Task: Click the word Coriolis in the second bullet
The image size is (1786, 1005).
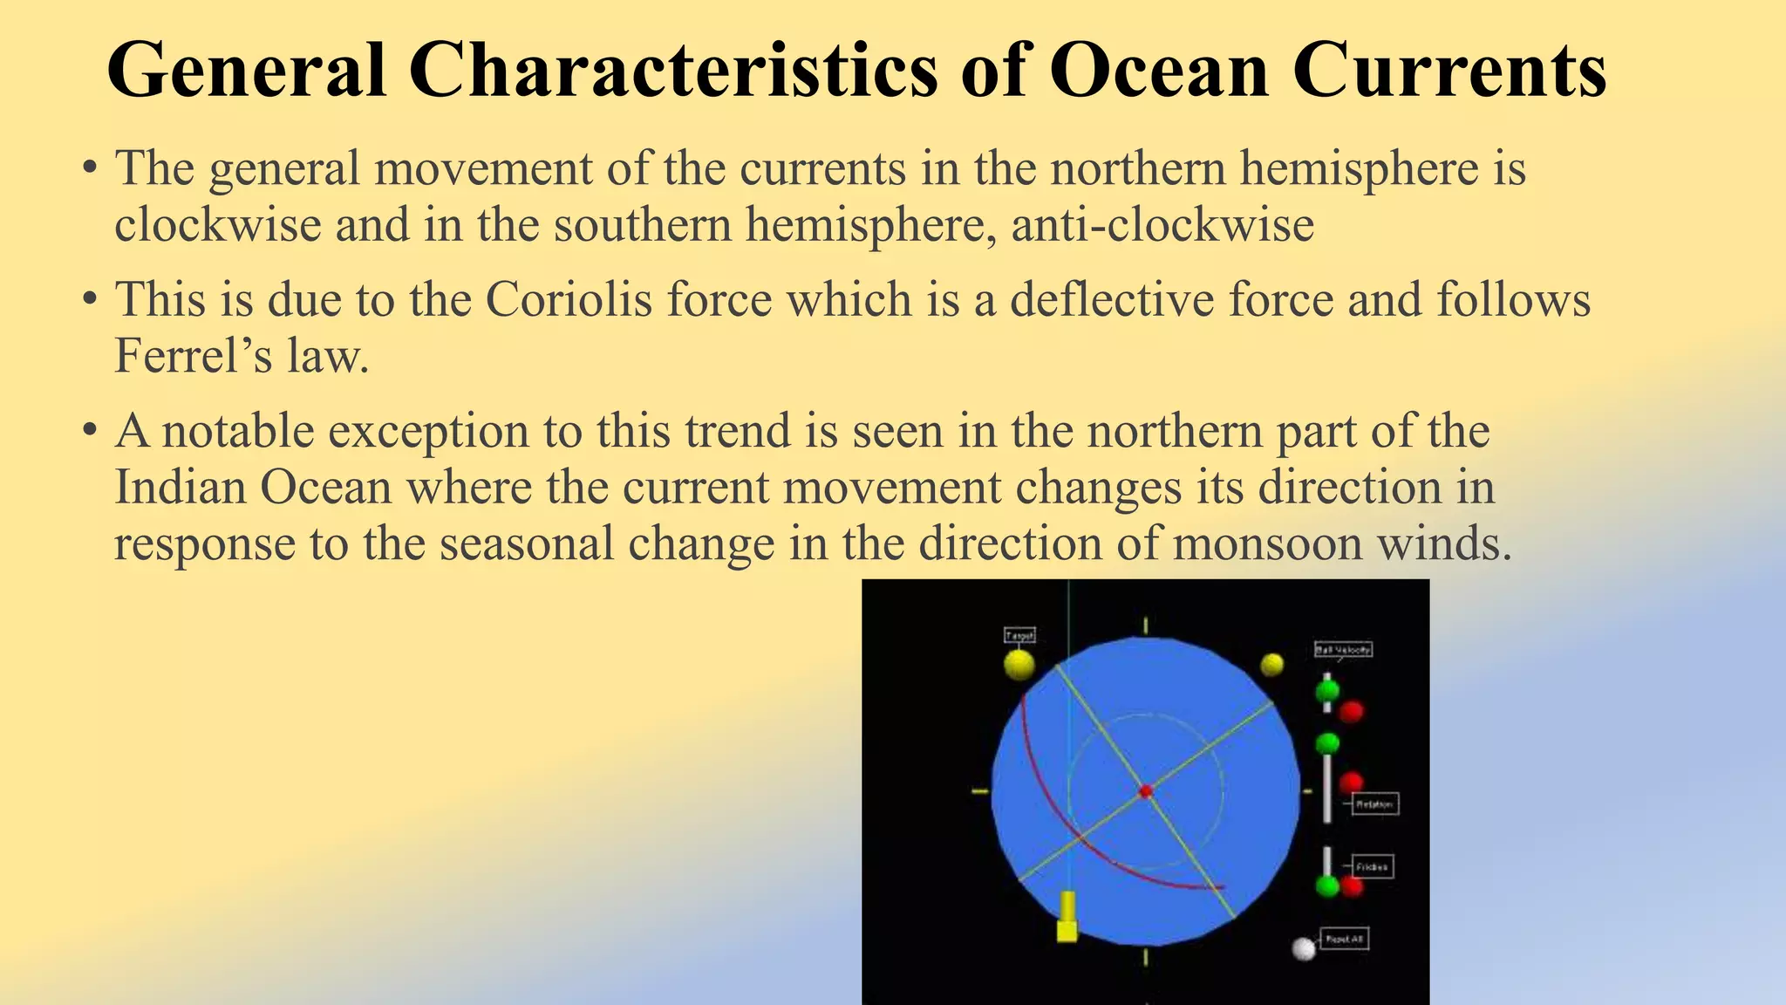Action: click(568, 299)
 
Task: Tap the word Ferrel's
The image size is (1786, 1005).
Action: click(186, 356)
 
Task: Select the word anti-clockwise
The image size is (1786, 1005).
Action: click(1162, 225)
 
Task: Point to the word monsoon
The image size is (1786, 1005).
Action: click(1267, 544)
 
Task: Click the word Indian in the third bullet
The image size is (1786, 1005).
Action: click(181, 487)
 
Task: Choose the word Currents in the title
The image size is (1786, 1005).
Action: click(1449, 70)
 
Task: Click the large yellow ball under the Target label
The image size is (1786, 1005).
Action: click(1019, 665)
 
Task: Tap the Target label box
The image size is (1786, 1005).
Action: click(1019, 635)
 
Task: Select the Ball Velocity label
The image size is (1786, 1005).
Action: click(1343, 649)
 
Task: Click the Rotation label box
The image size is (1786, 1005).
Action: click(1374, 803)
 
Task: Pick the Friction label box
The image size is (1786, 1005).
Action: click(1372, 866)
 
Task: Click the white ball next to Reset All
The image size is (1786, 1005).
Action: click(1303, 948)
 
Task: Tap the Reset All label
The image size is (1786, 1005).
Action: click(1344, 939)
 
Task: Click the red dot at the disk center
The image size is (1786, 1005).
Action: click(1146, 791)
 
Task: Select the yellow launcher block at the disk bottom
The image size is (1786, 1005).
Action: click(1067, 920)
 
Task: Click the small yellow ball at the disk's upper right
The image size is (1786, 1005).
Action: click(1272, 665)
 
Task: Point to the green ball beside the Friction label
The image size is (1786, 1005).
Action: click(1327, 886)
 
